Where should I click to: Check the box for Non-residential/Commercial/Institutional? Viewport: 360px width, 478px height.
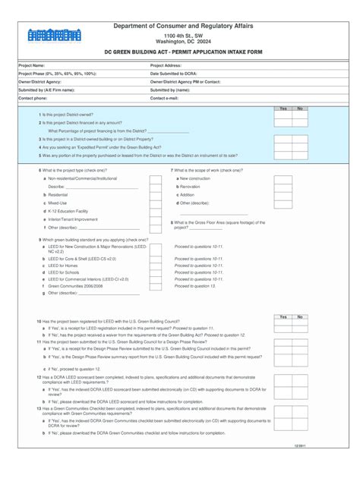tap(155, 179)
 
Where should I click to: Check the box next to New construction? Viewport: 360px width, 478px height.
tap(283, 179)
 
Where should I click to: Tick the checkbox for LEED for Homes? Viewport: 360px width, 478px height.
tap(155, 266)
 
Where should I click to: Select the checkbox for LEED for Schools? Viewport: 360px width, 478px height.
tap(155, 273)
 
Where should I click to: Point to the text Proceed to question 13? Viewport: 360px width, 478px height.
tap(195, 286)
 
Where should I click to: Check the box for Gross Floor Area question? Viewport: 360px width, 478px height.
tap(283, 225)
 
